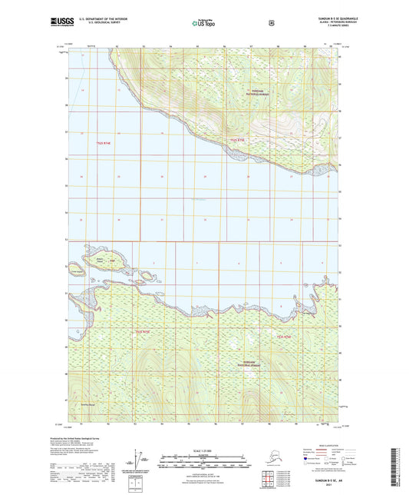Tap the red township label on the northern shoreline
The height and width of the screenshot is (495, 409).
click(x=237, y=140)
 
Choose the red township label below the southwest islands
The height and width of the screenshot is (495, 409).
click(x=143, y=332)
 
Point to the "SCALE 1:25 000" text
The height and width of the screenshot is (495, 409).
click(x=203, y=449)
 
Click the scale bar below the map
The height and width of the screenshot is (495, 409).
click(x=203, y=462)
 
